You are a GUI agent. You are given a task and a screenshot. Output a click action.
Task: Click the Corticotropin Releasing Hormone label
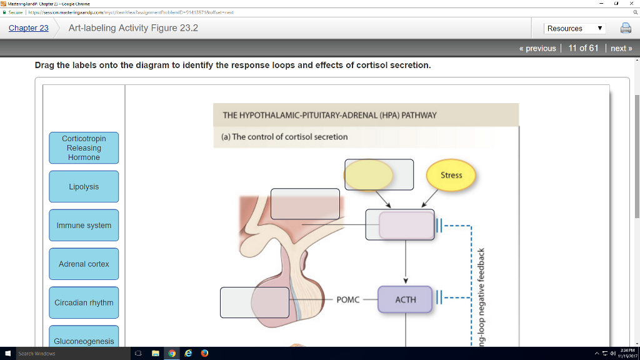pyautogui.click(x=84, y=148)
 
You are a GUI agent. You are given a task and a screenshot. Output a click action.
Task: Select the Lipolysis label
pyautogui.click(x=84, y=187)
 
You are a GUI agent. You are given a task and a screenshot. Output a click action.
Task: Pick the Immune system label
pyautogui.click(x=84, y=226)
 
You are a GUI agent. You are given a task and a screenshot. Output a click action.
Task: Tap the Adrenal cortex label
pyautogui.click(x=84, y=264)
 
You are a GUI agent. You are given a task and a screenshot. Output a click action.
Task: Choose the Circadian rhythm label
pyautogui.click(x=84, y=303)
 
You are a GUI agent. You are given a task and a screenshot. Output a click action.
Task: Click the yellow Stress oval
pyautogui.click(x=451, y=176)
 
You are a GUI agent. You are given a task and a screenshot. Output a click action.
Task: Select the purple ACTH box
pyautogui.click(x=405, y=300)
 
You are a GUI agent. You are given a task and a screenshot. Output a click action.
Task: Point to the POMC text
pyautogui.click(x=347, y=300)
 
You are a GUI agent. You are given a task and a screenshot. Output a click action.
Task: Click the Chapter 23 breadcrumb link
pyautogui.click(x=28, y=28)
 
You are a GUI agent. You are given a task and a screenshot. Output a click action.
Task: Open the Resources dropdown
pyautogui.click(x=574, y=28)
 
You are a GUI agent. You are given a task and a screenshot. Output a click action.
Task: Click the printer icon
pyautogui.click(x=625, y=28)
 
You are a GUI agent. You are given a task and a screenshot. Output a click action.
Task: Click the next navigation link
pyautogui.click(x=621, y=48)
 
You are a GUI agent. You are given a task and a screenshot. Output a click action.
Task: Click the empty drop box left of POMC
pyautogui.click(x=254, y=302)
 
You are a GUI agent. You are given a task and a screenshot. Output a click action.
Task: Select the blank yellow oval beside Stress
pyautogui.click(x=369, y=175)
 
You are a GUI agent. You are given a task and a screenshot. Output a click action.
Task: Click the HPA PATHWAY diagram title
pyautogui.click(x=329, y=115)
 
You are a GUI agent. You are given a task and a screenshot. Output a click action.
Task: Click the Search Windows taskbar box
pyautogui.click(x=62, y=354)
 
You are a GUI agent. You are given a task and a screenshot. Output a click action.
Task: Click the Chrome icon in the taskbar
pyautogui.click(x=172, y=354)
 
